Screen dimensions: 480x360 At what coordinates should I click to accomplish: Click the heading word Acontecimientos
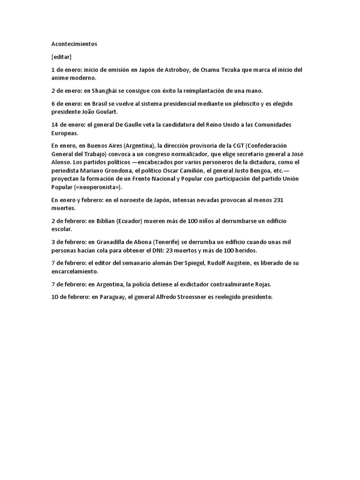point(74,44)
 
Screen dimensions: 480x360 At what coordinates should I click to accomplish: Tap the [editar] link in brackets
point(61,57)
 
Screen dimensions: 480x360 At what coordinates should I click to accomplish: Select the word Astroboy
point(178,70)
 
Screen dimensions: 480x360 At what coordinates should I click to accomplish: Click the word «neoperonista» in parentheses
point(98,187)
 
